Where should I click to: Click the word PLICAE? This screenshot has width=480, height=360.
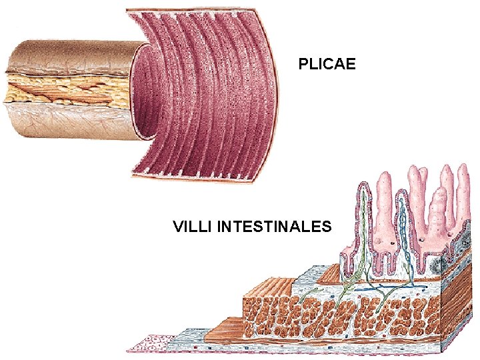327,65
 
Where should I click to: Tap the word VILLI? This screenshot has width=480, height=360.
193,227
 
